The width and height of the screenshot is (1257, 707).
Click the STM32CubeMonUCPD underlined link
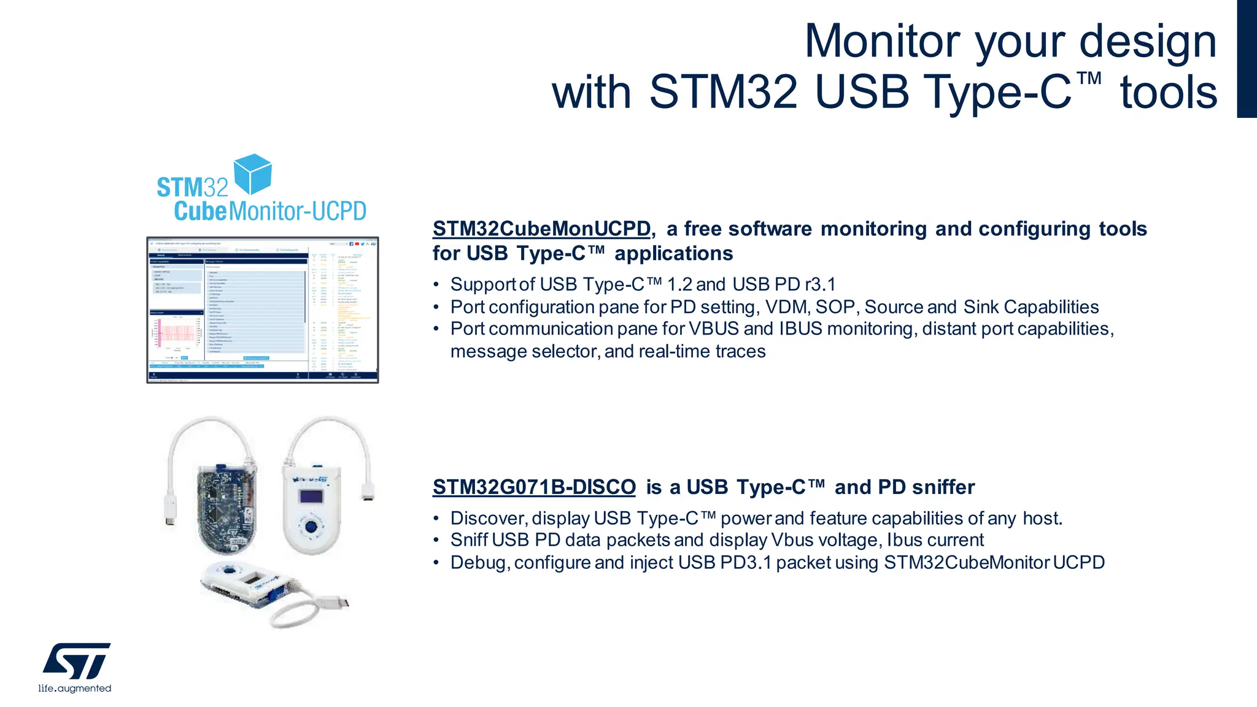coord(541,229)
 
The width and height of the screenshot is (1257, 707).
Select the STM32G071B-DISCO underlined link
coord(534,487)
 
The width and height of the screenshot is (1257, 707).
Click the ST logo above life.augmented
coord(77,661)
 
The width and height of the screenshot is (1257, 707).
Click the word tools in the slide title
coord(1168,93)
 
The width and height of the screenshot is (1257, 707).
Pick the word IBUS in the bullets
coord(800,329)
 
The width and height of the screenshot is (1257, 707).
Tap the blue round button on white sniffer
coord(311,526)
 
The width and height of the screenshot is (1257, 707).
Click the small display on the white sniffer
coord(311,496)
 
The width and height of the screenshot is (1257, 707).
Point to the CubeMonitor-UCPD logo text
coord(269,211)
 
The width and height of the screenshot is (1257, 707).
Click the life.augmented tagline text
coord(75,689)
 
